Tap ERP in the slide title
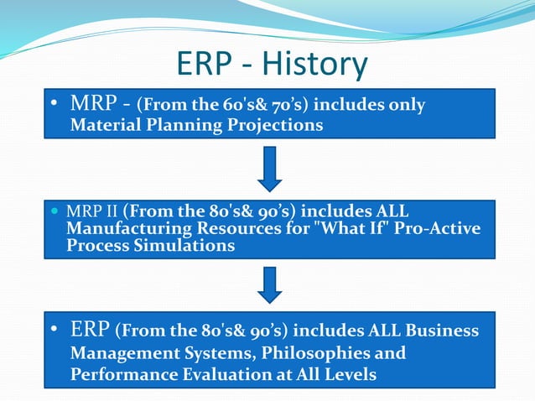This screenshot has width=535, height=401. point(208,65)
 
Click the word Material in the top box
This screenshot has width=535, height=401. point(104,125)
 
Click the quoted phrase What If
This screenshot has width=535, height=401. point(370,227)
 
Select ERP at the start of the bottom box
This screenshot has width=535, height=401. point(90,330)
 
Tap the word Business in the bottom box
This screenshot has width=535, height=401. point(443,331)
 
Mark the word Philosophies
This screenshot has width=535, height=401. point(322,352)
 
